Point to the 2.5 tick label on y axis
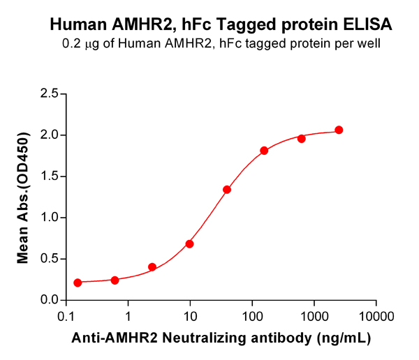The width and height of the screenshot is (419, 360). (48, 93)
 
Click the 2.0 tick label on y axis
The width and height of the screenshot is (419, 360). (48, 135)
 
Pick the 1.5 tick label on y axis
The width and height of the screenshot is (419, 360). (48, 176)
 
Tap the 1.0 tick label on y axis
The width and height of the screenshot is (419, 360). (48, 218)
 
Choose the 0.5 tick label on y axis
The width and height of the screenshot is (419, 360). (48, 259)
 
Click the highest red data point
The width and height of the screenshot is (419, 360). (339, 130)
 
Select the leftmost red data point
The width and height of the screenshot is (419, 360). (78, 283)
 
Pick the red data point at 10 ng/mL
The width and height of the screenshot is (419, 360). (189, 244)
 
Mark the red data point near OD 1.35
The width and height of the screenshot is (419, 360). (227, 190)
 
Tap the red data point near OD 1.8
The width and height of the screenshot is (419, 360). (264, 151)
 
